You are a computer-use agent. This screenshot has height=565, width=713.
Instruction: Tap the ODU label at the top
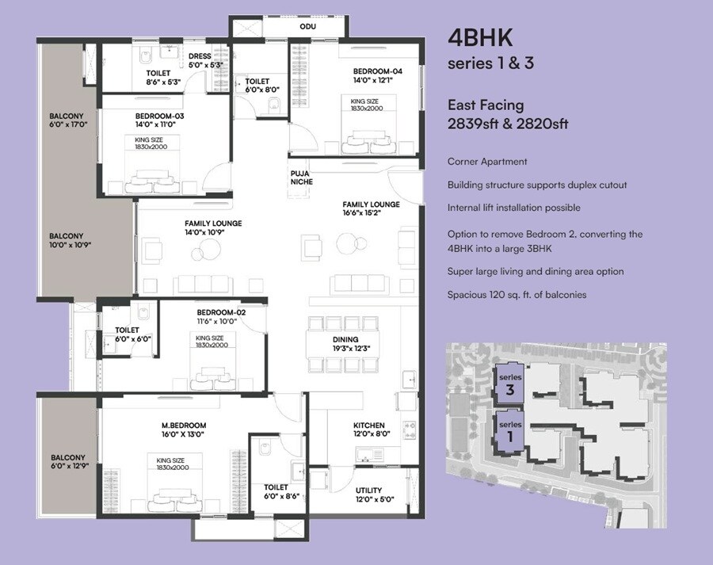point(307,26)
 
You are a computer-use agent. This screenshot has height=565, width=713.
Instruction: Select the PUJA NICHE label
point(301,178)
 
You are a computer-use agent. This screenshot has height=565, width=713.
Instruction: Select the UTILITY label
point(368,490)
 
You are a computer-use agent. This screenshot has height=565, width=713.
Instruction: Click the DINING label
point(345,338)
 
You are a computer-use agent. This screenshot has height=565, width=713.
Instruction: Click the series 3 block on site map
point(509,384)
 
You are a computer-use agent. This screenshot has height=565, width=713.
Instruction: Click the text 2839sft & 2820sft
point(508,124)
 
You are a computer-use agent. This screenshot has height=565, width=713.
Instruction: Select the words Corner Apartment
point(487,162)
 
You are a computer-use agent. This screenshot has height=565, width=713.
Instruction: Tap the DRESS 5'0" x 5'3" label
point(200,60)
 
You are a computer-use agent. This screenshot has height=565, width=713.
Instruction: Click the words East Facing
point(486,105)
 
